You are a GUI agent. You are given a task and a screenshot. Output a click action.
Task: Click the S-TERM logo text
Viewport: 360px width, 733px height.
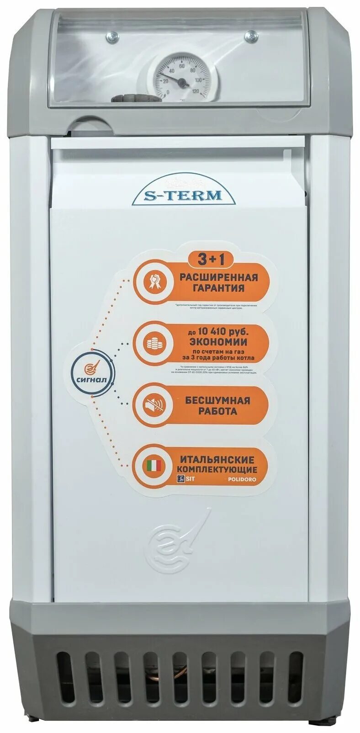click(x=184, y=196)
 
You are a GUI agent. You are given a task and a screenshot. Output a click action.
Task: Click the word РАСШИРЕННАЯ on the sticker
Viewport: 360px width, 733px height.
click(x=219, y=277)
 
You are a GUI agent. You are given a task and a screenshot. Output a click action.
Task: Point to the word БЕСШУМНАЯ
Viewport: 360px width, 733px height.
click(x=217, y=400)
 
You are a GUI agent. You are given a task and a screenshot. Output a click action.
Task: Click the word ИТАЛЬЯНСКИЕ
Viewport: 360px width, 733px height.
click(x=217, y=459)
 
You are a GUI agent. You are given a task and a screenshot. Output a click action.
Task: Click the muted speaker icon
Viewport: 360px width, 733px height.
click(x=152, y=405)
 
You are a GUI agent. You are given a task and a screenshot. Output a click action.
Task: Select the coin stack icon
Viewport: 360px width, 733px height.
click(x=152, y=344)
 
